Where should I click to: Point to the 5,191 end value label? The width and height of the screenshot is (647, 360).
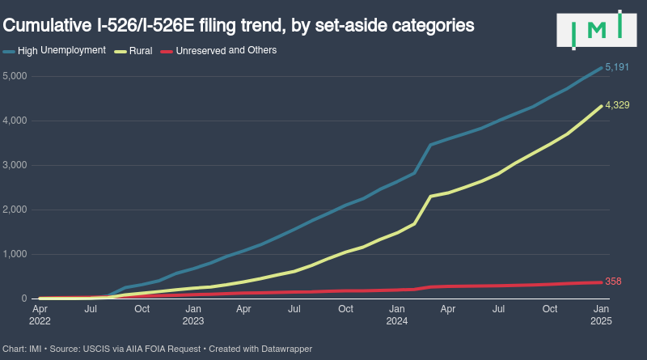[617, 68]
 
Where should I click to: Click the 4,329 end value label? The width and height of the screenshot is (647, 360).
[617, 106]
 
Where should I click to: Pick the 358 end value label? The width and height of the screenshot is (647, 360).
[613, 282]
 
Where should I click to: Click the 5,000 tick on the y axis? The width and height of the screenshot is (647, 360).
[15, 76]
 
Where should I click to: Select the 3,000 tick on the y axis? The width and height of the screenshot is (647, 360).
[15, 165]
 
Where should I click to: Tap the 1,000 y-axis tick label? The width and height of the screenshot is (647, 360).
[15, 254]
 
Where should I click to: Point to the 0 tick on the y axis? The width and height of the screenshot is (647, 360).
[24, 299]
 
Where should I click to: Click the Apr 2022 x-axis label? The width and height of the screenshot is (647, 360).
[40, 315]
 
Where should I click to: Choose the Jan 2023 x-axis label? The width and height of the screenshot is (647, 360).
[193, 315]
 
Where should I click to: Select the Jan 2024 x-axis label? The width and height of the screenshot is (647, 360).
[396, 315]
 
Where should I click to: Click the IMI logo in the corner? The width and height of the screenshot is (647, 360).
[597, 30]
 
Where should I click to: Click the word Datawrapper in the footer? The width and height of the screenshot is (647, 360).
[285, 349]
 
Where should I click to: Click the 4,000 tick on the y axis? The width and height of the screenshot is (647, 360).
[15, 121]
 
